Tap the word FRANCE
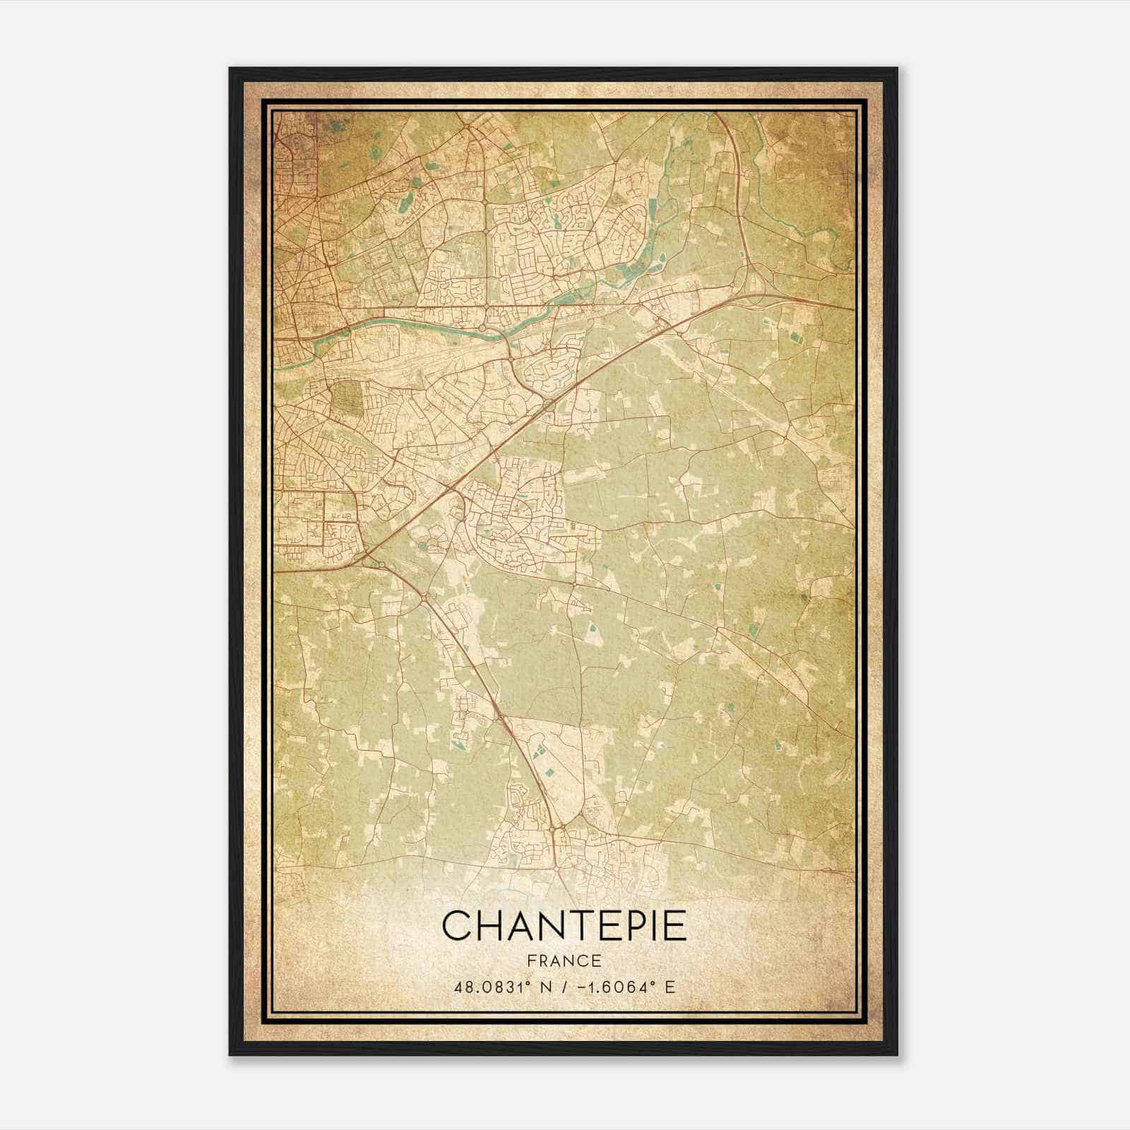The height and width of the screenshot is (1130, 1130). pos(564,961)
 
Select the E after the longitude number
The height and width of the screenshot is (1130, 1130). pos(670,987)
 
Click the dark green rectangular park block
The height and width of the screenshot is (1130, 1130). pos(345,397)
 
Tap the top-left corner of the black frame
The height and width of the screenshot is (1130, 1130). pos(230,69)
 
